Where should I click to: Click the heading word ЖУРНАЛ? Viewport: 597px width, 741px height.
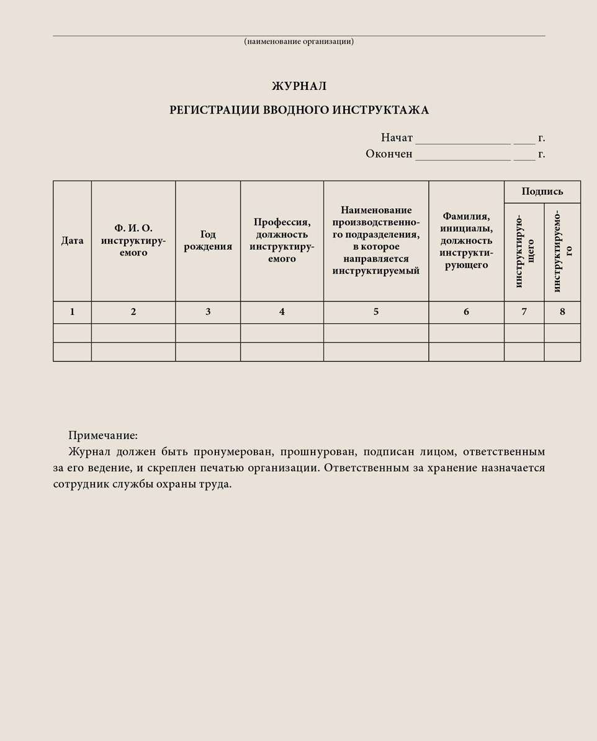[x=298, y=86]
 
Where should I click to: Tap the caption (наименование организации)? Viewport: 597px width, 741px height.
[x=298, y=42]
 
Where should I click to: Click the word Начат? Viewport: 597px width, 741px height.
[x=397, y=138]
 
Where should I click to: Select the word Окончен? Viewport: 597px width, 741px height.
[x=388, y=154]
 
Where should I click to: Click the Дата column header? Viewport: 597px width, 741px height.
[x=72, y=241]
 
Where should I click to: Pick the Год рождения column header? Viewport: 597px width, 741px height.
[x=208, y=241]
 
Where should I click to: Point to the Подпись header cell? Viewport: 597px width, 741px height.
[x=542, y=192]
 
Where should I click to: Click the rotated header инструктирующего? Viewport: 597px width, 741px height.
[x=524, y=251]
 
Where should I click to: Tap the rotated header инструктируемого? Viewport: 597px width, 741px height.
[x=562, y=251]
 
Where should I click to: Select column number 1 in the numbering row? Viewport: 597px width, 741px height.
[x=72, y=312]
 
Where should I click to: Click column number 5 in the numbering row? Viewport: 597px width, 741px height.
[x=375, y=312]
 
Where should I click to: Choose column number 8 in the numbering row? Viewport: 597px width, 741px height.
[x=562, y=312]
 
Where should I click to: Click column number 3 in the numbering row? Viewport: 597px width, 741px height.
[x=208, y=312]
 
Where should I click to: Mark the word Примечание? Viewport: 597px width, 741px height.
[x=102, y=435]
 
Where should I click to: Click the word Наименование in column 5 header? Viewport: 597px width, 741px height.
[x=376, y=210]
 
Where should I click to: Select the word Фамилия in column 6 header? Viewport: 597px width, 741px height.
[x=466, y=216]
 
